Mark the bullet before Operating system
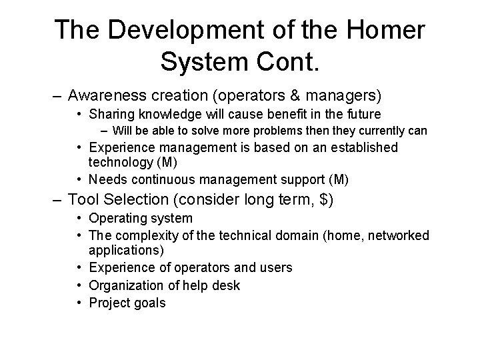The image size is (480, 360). (x=79, y=219)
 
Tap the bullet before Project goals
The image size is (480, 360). (x=79, y=303)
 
